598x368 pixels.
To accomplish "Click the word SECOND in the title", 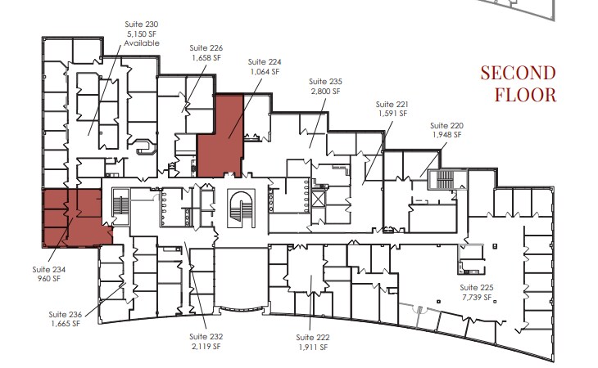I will pyautogui.click(x=519, y=73).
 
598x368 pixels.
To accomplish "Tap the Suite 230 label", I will pyautogui.click(x=142, y=25).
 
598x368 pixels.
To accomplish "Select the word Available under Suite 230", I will pyautogui.click(x=142, y=43).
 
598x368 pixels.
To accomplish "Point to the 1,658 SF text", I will pyautogui.click(x=205, y=58).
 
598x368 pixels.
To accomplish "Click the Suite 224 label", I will pyautogui.click(x=263, y=61).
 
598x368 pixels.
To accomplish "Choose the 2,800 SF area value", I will pyautogui.click(x=324, y=92).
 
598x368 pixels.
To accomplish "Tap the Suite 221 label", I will pyautogui.click(x=392, y=105).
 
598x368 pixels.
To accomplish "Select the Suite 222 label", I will pyautogui.click(x=311, y=338).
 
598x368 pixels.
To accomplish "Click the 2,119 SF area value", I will pyautogui.click(x=205, y=346).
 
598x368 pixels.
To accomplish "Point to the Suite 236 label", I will pyautogui.click(x=65, y=314).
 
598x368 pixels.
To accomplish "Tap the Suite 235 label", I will pyautogui.click(x=324, y=82).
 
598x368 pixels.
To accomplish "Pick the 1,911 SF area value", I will pyautogui.click(x=311, y=348).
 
